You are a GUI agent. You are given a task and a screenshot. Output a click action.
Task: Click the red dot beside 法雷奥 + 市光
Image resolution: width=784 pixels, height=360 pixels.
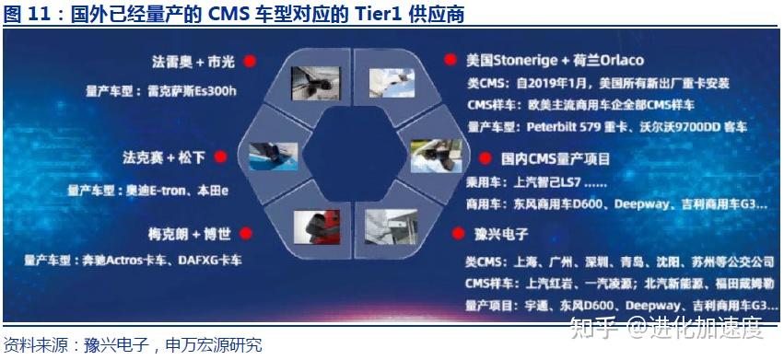(249, 62)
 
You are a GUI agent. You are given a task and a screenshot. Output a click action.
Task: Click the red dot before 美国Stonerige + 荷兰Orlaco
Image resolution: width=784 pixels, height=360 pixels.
(450, 61)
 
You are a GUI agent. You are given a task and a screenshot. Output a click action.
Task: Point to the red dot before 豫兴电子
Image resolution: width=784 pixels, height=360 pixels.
(450, 234)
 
